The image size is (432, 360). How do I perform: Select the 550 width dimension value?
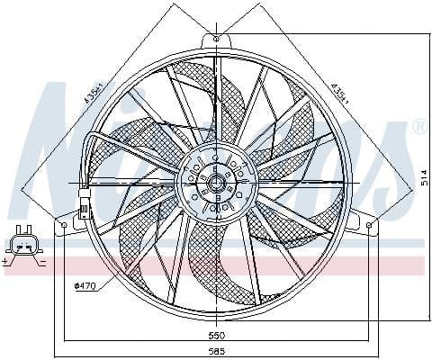pyautogui.click(x=217, y=334)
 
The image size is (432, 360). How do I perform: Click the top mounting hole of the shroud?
pyautogui.click(x=217, y=40)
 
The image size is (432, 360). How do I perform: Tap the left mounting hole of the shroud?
pyautogui.click(x=62, y=221)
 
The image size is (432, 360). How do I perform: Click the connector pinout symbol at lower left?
pyautogui.click(x=24, y=244)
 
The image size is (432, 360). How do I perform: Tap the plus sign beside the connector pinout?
pyautogui.click(x=8, y=261)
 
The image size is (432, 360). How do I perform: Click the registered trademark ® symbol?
pyautogui.click(x=418, y=128)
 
